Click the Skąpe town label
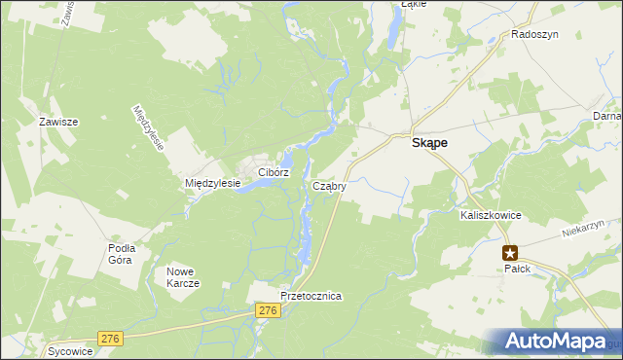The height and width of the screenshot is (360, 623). pyautogui.click(x=424, y=142)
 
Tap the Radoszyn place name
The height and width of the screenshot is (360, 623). pyautogui.click(x=532, y=34)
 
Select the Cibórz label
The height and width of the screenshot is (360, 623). pyautogui.click(x=274, y=172)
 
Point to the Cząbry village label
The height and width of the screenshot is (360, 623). pyautogui.click(x=329, y=185)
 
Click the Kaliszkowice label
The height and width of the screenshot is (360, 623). pyautogui.click(x=493, y=216)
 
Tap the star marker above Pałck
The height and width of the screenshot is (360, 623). pyautogui.click(x=510, y=252)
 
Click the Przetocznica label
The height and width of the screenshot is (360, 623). pyautogui.click(x=310, y=296)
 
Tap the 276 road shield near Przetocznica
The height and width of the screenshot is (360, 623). pyautogui.click(x=270, y=309)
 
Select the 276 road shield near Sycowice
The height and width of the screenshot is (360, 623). pyautogui.click(x=110, y=339)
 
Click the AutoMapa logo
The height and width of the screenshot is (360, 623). pyautogui.click(x=562, y=342)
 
